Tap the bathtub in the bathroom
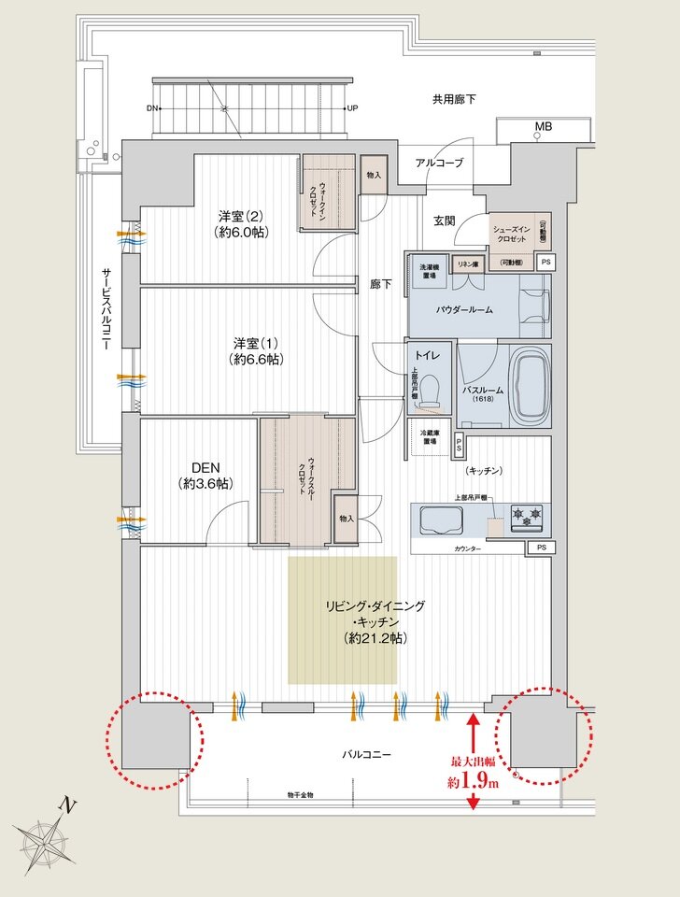tap(530, 385)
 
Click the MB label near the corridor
tap(543, 126)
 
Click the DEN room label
tap(205, 475)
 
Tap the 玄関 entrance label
tap(444, 221)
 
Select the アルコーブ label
tap(439, 163)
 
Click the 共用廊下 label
tap(453, 98)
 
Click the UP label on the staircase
tap(352, 108)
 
